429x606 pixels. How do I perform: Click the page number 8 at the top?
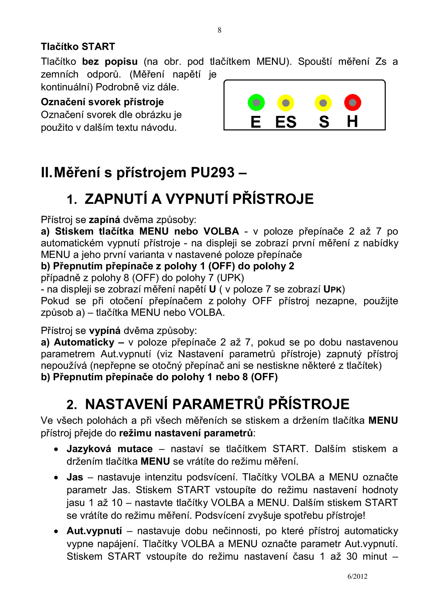219,30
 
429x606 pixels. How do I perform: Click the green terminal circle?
256,103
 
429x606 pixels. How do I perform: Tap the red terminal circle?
352,103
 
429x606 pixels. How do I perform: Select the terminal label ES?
286,122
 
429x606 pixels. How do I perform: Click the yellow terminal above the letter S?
323,103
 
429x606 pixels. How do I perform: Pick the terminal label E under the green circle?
256,122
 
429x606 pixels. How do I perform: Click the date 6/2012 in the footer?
357,576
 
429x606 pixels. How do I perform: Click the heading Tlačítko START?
78,47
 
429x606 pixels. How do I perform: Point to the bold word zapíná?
104,220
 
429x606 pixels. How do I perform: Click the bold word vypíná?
105,331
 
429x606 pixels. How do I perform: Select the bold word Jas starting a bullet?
75,477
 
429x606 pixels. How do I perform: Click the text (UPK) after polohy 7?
230,278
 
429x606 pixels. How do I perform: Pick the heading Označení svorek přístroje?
102,102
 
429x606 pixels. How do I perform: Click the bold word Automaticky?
84,342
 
